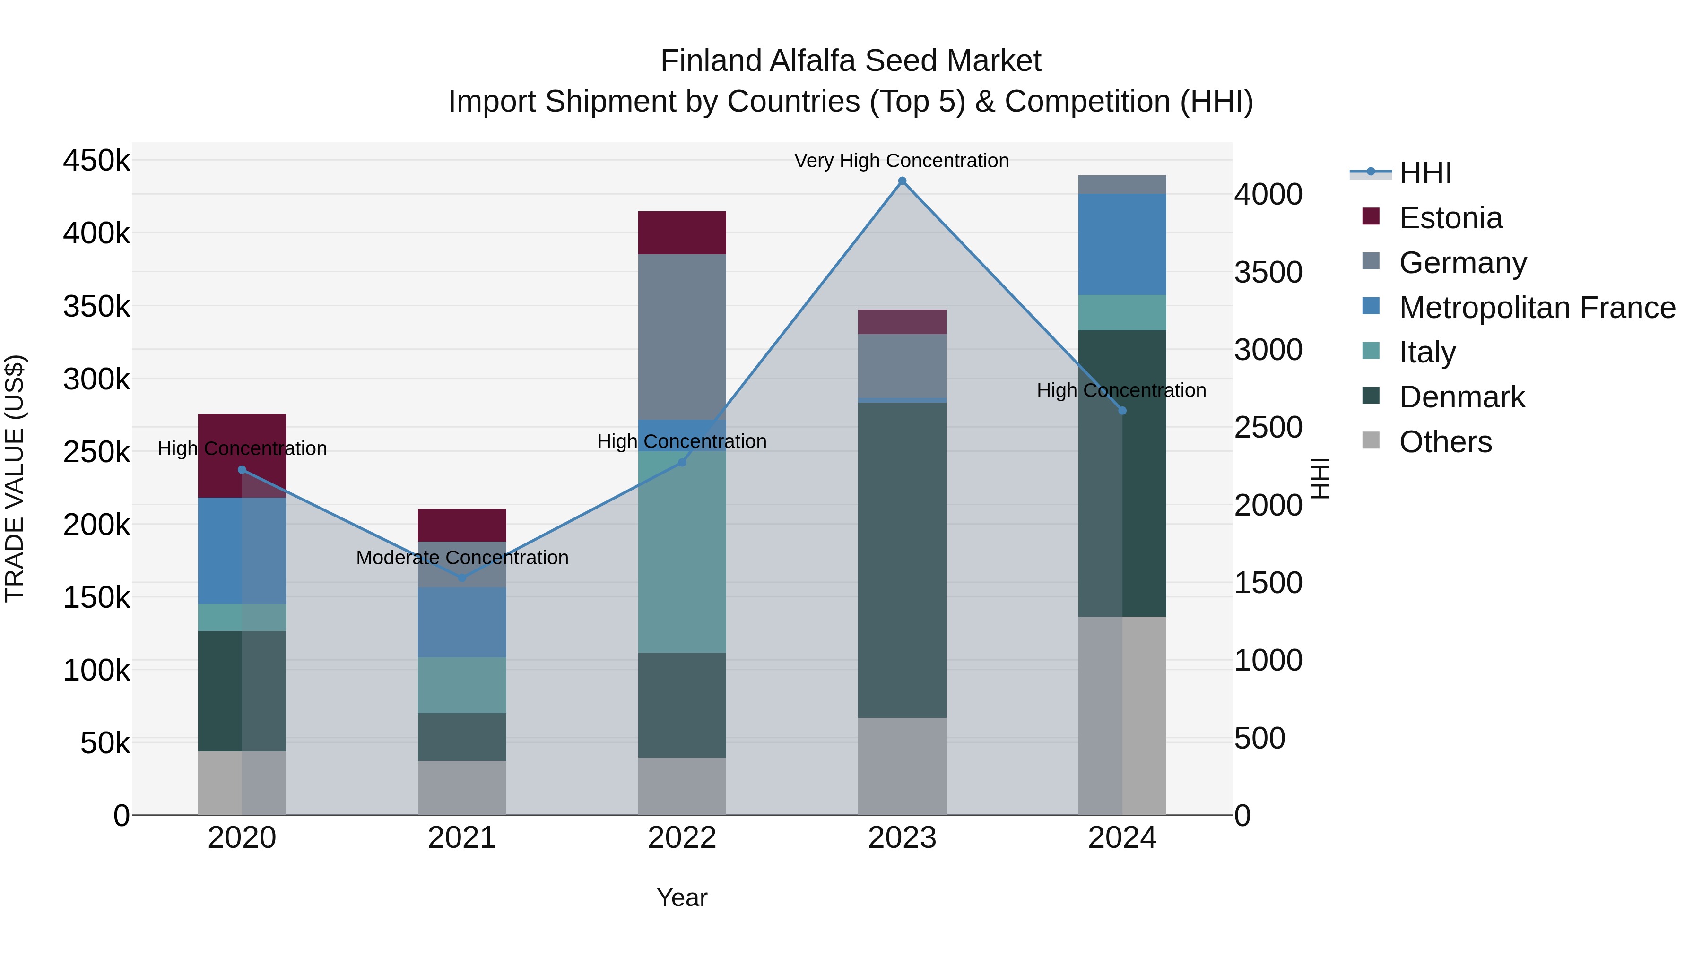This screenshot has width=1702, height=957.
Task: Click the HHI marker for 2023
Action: (902, 181)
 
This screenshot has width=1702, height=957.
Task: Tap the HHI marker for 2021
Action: (462, 578)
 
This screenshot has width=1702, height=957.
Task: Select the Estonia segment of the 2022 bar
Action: (682, 233)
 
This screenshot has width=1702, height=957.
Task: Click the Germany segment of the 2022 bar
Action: (682, 337)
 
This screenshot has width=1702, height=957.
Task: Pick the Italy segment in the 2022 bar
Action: (682, 552)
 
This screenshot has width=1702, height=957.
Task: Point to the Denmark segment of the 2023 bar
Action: (902, 560)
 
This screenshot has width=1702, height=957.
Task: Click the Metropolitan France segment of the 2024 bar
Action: (1122, 244)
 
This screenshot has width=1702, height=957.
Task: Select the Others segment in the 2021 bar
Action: (462, 787)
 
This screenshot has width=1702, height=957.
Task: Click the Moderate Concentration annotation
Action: (462, 558)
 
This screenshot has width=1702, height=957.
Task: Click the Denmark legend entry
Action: (1461, 397)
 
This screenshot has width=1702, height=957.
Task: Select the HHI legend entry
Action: (1425, 173)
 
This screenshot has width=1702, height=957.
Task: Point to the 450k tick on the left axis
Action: (96, 161)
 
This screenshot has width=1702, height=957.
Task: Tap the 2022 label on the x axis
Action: (682, 838)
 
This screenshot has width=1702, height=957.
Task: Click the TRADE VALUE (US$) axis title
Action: (15, 478)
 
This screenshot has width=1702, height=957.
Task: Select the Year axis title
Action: (682, 897)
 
